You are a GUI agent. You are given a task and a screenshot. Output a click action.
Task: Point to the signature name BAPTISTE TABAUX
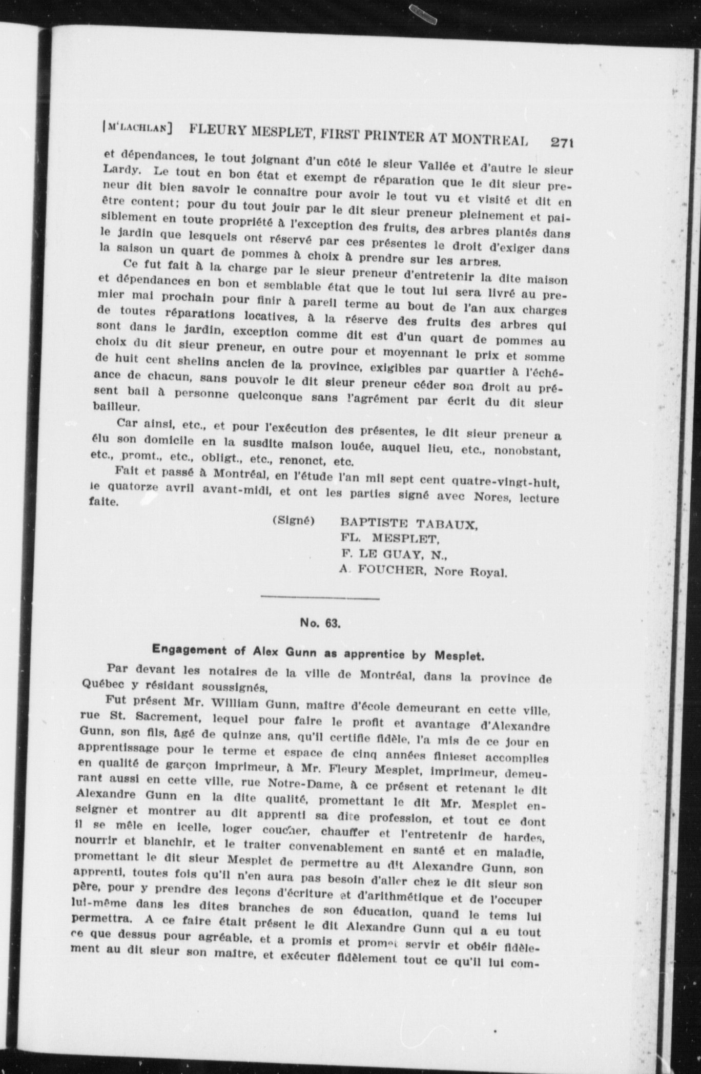point(409,525)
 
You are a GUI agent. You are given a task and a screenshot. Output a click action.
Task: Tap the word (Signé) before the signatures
point(293,521)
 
